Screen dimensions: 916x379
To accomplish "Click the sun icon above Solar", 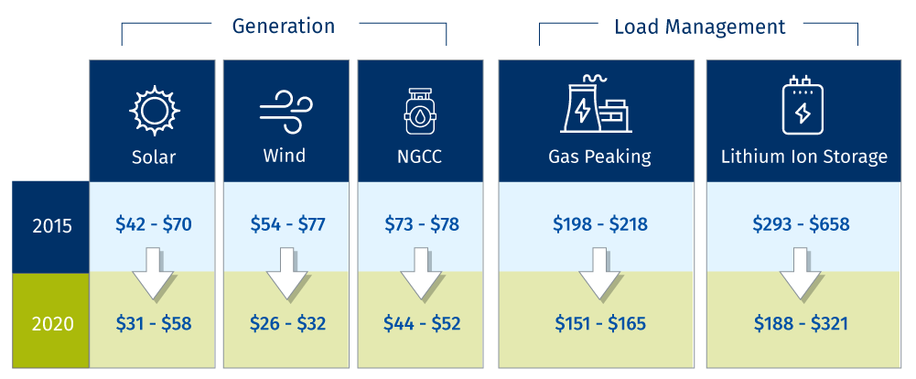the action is (155, 110).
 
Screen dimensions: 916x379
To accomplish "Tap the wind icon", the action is (286, 111).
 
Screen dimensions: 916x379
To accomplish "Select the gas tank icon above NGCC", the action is (419, 112).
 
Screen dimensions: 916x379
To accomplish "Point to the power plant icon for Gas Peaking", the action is (596, 107).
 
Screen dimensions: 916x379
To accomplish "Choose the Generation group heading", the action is (284, 27).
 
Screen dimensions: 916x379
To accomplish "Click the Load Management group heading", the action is (700, 27).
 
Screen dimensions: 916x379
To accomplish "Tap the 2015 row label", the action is (52, 227).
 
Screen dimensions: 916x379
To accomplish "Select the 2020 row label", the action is (52, 324).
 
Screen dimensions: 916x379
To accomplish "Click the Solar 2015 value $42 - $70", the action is (155, 224).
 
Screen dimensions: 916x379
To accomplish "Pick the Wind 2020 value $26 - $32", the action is (287, 323).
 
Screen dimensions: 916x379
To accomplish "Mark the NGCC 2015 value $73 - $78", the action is (422, 224).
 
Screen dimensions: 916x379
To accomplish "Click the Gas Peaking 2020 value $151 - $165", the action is (600, 323).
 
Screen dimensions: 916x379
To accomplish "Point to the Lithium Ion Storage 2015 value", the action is (801, 224).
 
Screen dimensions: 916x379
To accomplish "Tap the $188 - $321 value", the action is (801, 323).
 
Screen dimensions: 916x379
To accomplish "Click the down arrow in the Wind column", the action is (286, 274).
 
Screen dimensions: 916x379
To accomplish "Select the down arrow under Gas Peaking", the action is (599, 274).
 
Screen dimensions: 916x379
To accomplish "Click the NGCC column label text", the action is (419, 157).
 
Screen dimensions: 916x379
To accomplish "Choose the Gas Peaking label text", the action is (599, 157).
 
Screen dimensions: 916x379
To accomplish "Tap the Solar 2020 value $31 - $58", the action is (155, 323).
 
